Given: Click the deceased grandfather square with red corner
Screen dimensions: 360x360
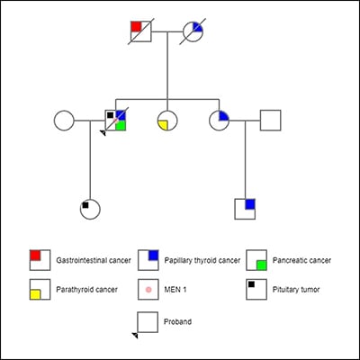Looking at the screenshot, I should click(140, 30).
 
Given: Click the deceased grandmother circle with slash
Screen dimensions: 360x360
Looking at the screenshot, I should click(193, 30).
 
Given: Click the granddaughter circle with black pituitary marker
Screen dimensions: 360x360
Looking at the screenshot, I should click(89, 209).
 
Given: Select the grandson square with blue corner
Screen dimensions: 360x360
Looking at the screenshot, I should click(245, 209).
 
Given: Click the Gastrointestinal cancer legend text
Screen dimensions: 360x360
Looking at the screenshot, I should click(94, 260).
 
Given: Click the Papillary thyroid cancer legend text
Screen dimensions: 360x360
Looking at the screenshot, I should click(202, 260).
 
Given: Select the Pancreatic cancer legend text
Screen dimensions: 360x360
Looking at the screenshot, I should click(301, 260).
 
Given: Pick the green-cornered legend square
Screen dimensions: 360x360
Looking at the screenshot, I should click(256, 260).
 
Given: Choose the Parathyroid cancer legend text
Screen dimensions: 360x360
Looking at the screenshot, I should click(86, 290).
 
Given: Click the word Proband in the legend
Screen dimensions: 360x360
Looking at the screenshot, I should click(178, 320).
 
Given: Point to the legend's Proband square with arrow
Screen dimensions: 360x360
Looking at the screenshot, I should click(147, 321).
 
